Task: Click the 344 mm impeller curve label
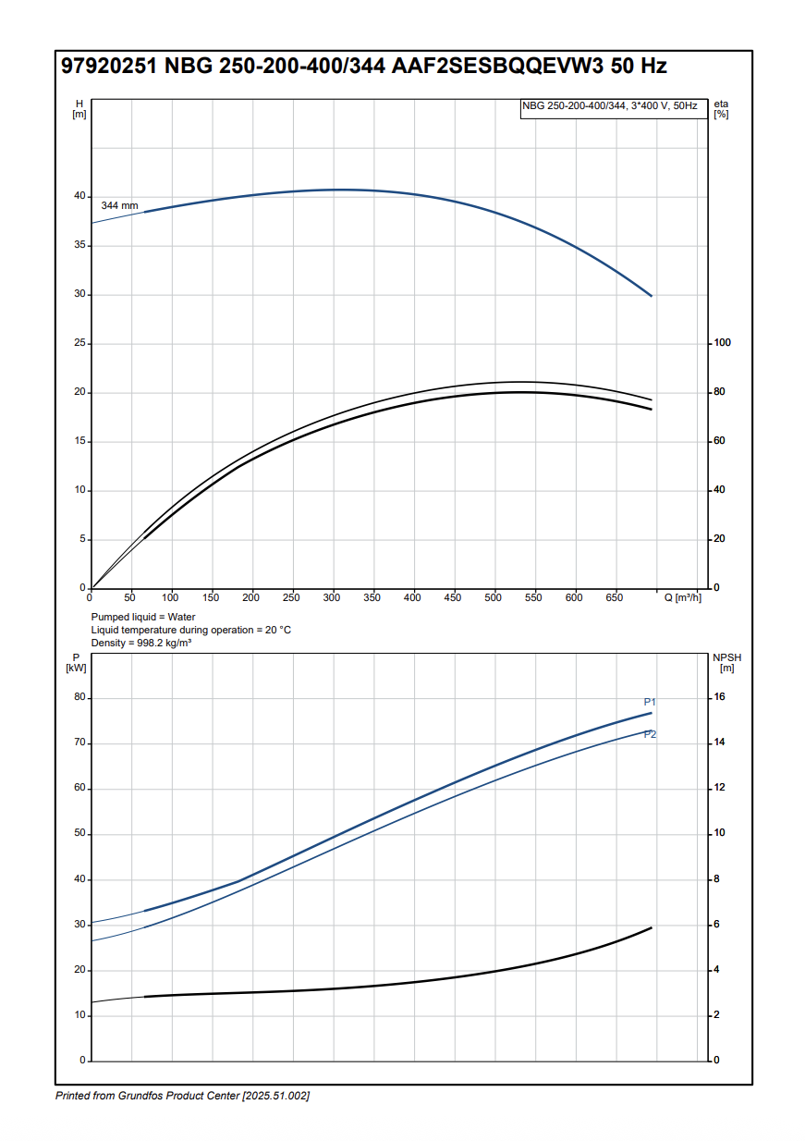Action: tap(119, 205)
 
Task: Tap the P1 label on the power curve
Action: tap(650, 702)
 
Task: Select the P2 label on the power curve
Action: tap(650, 734)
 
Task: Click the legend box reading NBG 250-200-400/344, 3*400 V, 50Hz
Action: tap(610, 106)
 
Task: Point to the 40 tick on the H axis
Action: tap(79, 196)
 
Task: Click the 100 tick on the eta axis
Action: tap(722, 343)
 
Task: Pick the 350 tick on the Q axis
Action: tap(372, 598)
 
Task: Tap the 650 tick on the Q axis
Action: tap(615, 598)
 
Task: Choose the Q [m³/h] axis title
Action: tap(683, 598)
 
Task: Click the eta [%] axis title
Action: tap(722, 108)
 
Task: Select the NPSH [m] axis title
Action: tap(726, 662)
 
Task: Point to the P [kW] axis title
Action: tap(76, 662)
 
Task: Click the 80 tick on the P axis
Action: tap(79, 697)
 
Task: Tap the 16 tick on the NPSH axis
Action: tap(722, 697)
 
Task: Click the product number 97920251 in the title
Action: tap(108, 67)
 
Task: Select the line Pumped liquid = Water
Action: tap(143, 617)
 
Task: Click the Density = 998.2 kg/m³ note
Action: tap(141, 643)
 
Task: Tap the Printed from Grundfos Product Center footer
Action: tap(182, 1096)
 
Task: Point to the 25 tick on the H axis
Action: tap(79, 343)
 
